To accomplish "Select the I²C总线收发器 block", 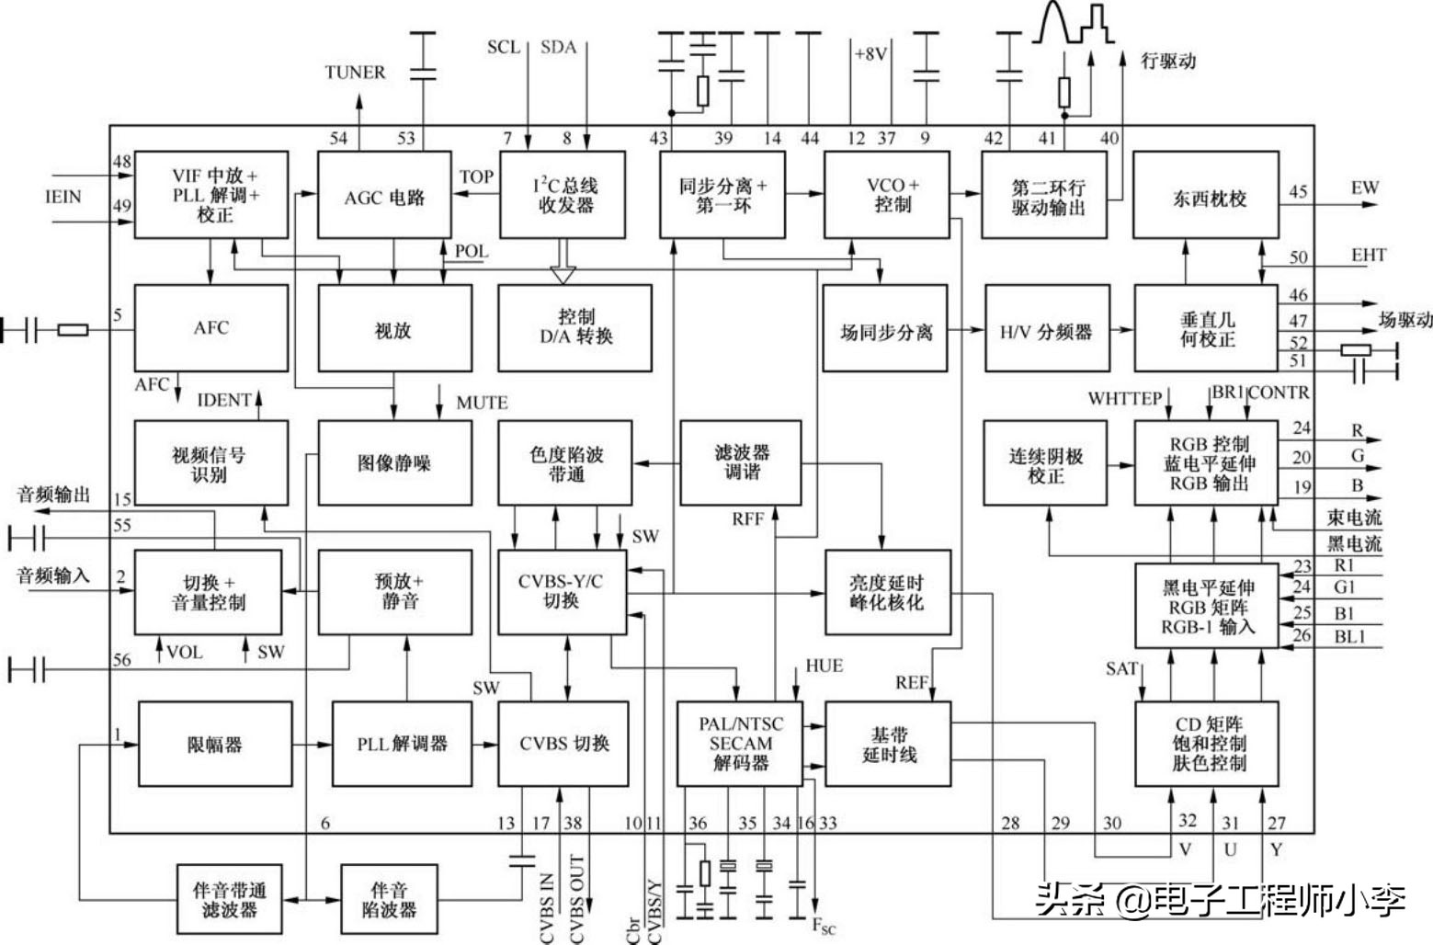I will (565, 195).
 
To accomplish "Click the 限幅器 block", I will (215, 744).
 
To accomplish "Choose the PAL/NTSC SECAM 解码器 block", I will (740, 743).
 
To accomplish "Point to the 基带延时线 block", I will (888, 744).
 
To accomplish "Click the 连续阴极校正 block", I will (1045, 463).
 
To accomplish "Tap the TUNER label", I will (355, 72).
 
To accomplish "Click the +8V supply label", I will (870, 54).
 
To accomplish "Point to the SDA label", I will (558, 47).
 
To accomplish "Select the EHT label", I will (1368, 255).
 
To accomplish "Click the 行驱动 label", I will (1168, 62).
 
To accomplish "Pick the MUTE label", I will (482, 403).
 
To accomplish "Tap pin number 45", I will (1297, 192).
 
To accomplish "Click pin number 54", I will (338, 138).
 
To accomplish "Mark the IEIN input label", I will (63, 197).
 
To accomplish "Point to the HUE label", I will (824, 666).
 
